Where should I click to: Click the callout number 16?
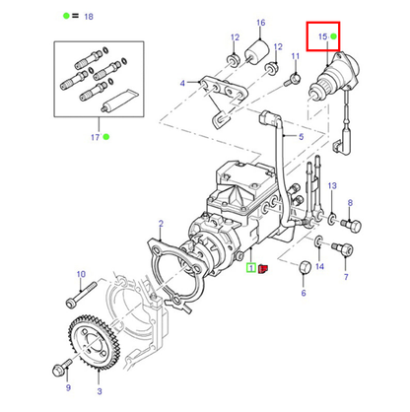coord(260,23)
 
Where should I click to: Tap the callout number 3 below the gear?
coord(100,391)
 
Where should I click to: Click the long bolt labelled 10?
coord(82,295)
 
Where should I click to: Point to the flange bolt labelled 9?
coord(62,368)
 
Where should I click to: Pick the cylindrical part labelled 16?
coord(257,52)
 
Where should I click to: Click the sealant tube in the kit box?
coord(119,100)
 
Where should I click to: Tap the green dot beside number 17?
coord(106,137)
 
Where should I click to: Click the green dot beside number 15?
coord(333,36)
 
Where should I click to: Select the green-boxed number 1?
coord(251,268)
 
